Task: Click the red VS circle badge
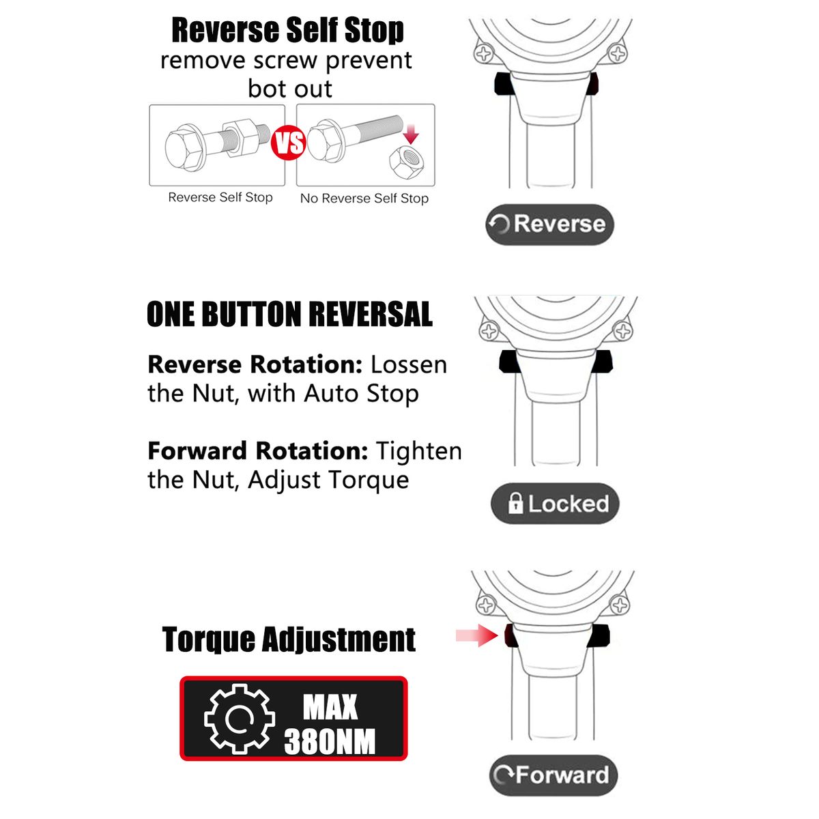point(288,143)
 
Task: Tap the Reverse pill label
point(549,225)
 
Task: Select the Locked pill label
point(555,503)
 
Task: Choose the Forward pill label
point(553,775)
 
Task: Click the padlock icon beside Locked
point(515,503)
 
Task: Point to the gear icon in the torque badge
point(240,719)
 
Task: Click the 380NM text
point(330,742)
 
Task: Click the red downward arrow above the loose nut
point(411,134)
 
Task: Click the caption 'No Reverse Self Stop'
point(364,199)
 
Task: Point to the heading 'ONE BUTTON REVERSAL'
point(289,314)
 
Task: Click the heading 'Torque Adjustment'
point(289,640)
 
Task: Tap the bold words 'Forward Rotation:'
point(257,451)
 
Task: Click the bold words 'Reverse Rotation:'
point(255,364)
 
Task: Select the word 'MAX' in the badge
point(330,707)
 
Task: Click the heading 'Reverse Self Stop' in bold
point(288,30)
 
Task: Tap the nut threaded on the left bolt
point(240,138)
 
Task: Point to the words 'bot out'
point(289,89)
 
